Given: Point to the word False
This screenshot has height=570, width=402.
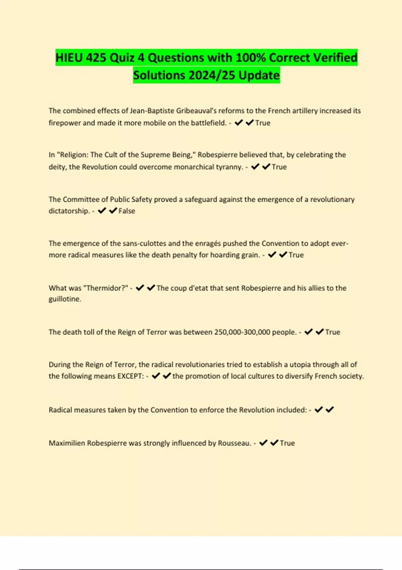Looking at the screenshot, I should tap(127, 211).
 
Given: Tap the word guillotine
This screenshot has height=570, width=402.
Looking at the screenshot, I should tap(65, 299).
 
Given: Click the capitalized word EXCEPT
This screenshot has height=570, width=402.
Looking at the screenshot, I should tap(130, 376).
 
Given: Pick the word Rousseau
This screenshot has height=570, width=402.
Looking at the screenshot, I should tap(234, 443).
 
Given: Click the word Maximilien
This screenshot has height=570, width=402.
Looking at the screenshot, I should tap(67, 443).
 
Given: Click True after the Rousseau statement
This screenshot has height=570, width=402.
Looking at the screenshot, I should tap(287, 443).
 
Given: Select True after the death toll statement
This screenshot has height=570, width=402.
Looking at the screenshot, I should tap(333, 332).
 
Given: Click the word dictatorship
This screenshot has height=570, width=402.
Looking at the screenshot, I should tap(69, 211).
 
